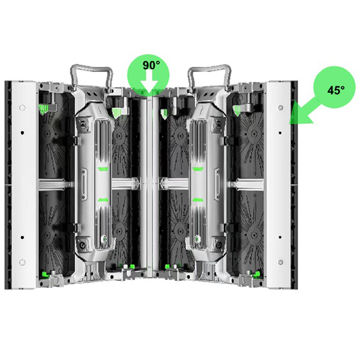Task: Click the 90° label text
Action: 151,65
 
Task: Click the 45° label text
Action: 336,90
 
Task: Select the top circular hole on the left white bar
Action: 22,107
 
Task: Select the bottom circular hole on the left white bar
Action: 22,262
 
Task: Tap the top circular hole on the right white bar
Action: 280,107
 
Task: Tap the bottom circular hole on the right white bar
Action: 280,262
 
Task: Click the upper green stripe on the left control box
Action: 103,169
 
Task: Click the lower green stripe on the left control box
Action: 103,199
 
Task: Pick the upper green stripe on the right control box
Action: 197,169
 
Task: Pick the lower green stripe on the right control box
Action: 197,199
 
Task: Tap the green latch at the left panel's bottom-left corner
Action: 45,274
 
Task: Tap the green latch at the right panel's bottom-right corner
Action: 258,273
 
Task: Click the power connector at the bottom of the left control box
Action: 83,246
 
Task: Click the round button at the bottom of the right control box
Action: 219,246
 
